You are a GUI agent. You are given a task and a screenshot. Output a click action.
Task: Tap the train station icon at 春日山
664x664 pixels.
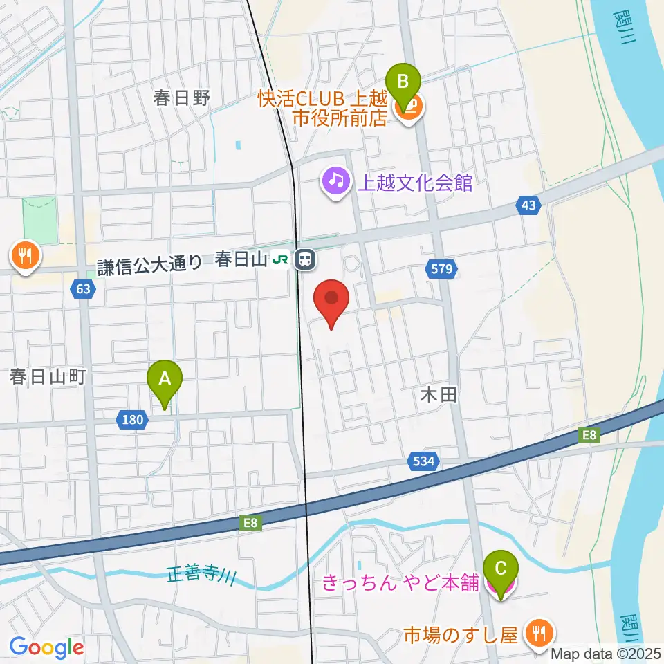pyautogui.click(x=304, y=260)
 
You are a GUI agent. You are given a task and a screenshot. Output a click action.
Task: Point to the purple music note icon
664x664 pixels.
pyautogui.click(x=336, y=181)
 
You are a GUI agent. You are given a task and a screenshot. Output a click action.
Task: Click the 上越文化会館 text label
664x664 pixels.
pyautogui.click(x=414, y=183)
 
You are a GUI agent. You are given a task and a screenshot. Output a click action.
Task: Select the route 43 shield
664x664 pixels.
pyautogui.click(x=528, y=205)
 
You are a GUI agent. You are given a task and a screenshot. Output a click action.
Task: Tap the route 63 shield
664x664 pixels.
pyautogui.click(x=83, y=290)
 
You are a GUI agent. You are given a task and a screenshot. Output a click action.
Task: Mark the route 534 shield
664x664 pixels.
pyautogui.click(x=423, y=462)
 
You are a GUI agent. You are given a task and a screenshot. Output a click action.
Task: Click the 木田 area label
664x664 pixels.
pyautogui.click(x=439, y=396)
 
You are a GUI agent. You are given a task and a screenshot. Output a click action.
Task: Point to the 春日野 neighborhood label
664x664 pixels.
pyautogui.click(x=182, y=98)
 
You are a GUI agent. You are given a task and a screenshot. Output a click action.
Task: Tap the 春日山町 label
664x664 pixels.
pyautogui.click(x=47, y=377)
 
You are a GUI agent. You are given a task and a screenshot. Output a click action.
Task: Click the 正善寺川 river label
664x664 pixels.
pyautogui.click(x=201, y=575)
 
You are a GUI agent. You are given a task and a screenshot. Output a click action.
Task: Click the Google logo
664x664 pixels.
pyautogui.click(x=46, y=647)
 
